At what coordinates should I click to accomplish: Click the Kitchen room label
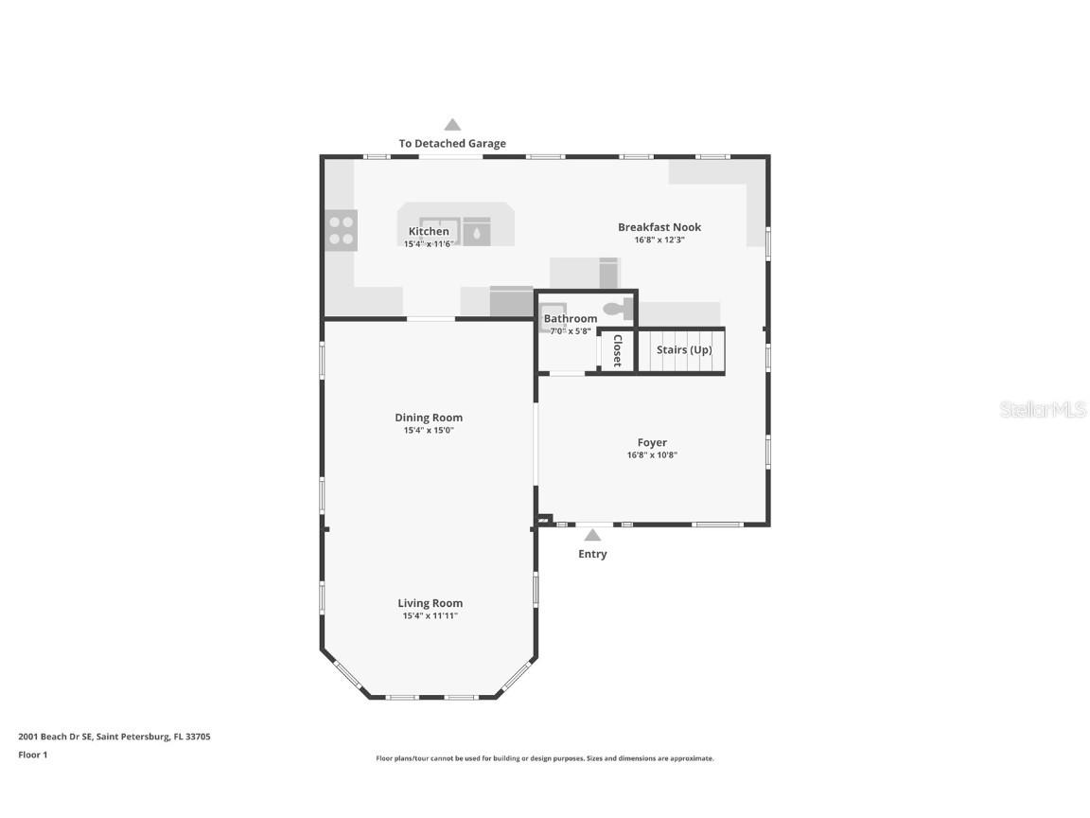[429, 232]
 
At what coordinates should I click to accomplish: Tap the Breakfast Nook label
[659, 227]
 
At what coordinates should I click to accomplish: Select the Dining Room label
[429, 418]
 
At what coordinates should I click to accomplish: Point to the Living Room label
[430, 603]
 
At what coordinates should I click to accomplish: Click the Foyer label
[652, 442]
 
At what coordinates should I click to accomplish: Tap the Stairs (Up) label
[684, 350]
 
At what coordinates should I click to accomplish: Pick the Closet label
[617, 350]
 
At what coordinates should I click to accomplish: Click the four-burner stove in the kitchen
[342, 230]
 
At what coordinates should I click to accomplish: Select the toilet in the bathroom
[618, 309]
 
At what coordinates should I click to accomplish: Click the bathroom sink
[554, 313]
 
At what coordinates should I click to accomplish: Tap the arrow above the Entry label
[592, 535]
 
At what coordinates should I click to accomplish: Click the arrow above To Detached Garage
[452, 125]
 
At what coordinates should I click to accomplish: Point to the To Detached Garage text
[452, 143]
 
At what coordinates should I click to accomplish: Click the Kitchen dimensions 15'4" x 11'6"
[429, 244]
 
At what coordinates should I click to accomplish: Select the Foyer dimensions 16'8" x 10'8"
[652, 454]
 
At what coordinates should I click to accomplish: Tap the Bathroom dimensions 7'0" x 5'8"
[570, 331]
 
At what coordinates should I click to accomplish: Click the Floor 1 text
[33, 755]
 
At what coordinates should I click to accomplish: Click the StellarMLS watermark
[1043, 410]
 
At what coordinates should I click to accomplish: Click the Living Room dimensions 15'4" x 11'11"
[430, 615]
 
